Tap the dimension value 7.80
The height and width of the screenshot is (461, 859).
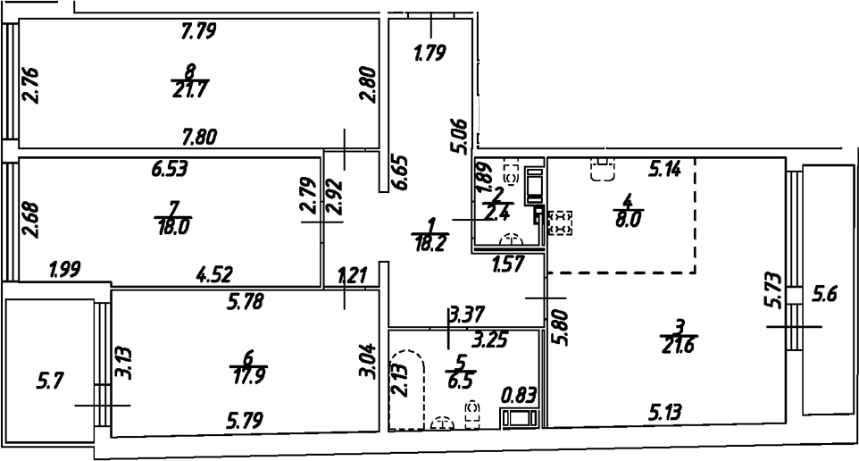pyautogui.click(x=199, y=137)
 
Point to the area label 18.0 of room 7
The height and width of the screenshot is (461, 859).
pyautogui.click(x=173, y=226)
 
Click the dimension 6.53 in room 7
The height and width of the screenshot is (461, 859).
pyautogui.click(x=170, y=167)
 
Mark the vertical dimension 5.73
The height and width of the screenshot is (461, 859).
pyautogui.click(x=773, y=290)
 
